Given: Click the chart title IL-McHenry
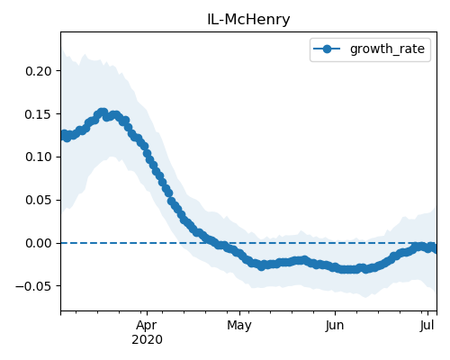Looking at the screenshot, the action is click(x=248, y=20).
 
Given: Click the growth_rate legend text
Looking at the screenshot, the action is click(x=387, y=49).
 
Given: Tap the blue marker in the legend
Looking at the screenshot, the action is click(x=327, y=49).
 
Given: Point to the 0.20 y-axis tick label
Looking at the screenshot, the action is click(x=39, y=71).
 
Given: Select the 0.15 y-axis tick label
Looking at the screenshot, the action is click(x=39, y=114).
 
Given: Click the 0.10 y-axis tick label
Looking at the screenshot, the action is click(x=39, y=157).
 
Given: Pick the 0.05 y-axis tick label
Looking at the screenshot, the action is click(x=39, y=200).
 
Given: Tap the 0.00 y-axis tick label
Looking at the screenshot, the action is click(x=39, y=243).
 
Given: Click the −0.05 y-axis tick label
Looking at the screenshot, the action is click(x=33, y=286).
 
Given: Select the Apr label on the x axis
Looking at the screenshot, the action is click(x=147, y=326).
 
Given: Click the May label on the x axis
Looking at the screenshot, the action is click(x=239, y=326).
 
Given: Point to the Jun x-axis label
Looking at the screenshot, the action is click(x=335, y=326).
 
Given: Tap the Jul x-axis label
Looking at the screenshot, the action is click(x=427, y=326).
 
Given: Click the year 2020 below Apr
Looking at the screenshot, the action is click(x=147, y=340).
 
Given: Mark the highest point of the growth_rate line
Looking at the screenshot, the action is click(x=103, y=112).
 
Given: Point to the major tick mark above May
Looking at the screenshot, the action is click(x=239, y=313).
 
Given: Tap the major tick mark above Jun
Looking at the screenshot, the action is click(x=335, y=313).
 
